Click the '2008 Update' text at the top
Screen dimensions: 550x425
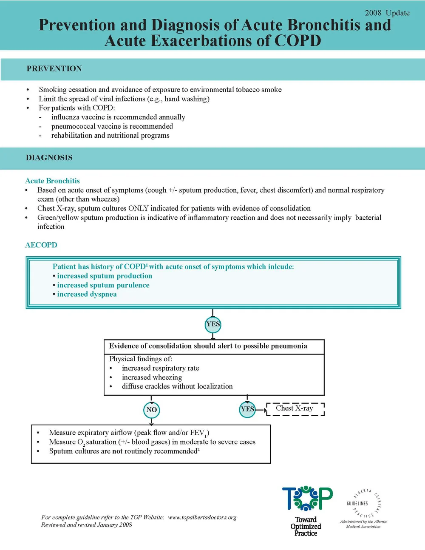[x=387, y=13]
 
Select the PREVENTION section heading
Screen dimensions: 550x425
[x=54, y=69]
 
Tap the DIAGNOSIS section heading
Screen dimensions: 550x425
[x=49, y=158]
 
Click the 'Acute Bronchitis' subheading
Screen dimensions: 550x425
[x=52, y=181]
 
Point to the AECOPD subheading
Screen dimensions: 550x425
[x=41, y=245]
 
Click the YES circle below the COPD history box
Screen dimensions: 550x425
[x=213, y=324]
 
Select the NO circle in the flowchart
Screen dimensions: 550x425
[x=152, y=410]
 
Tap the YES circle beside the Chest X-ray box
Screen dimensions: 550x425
[x=247, y=409]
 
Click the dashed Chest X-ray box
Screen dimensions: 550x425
[x=295, y=408]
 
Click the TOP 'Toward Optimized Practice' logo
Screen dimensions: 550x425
[x=307, y=510]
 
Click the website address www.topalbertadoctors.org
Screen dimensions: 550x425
[x=202, y=517]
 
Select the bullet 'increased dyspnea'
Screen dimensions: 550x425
[x=87, y=295]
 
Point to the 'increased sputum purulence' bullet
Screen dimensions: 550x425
[x=103, y=285]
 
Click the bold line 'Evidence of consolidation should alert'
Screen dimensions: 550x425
[x=208, y=346]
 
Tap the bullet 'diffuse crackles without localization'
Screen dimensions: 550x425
[x=177, y=386]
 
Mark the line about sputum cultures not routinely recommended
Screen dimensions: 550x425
[x=124, y=451]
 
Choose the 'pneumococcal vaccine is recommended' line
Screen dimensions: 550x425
[x=112, y=126]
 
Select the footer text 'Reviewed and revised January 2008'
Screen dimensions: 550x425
[x=87, y=525]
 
